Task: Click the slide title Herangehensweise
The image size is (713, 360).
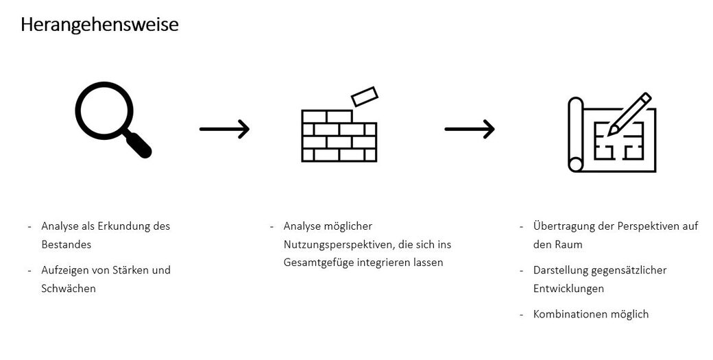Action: pos(99,25)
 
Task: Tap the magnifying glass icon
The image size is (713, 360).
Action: pos(110,117)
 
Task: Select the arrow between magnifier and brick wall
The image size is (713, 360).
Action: pos(224,128)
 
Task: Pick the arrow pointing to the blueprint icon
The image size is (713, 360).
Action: pos(470,128)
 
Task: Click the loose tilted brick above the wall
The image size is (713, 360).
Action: pos(365,97)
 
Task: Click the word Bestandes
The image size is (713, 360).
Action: pos(66,244)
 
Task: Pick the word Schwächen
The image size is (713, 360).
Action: pos(69,289)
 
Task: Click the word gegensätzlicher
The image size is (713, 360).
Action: pos(627,270)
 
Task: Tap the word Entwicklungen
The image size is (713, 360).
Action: pos(568,289)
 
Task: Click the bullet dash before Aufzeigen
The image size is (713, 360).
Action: pos(30,270)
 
